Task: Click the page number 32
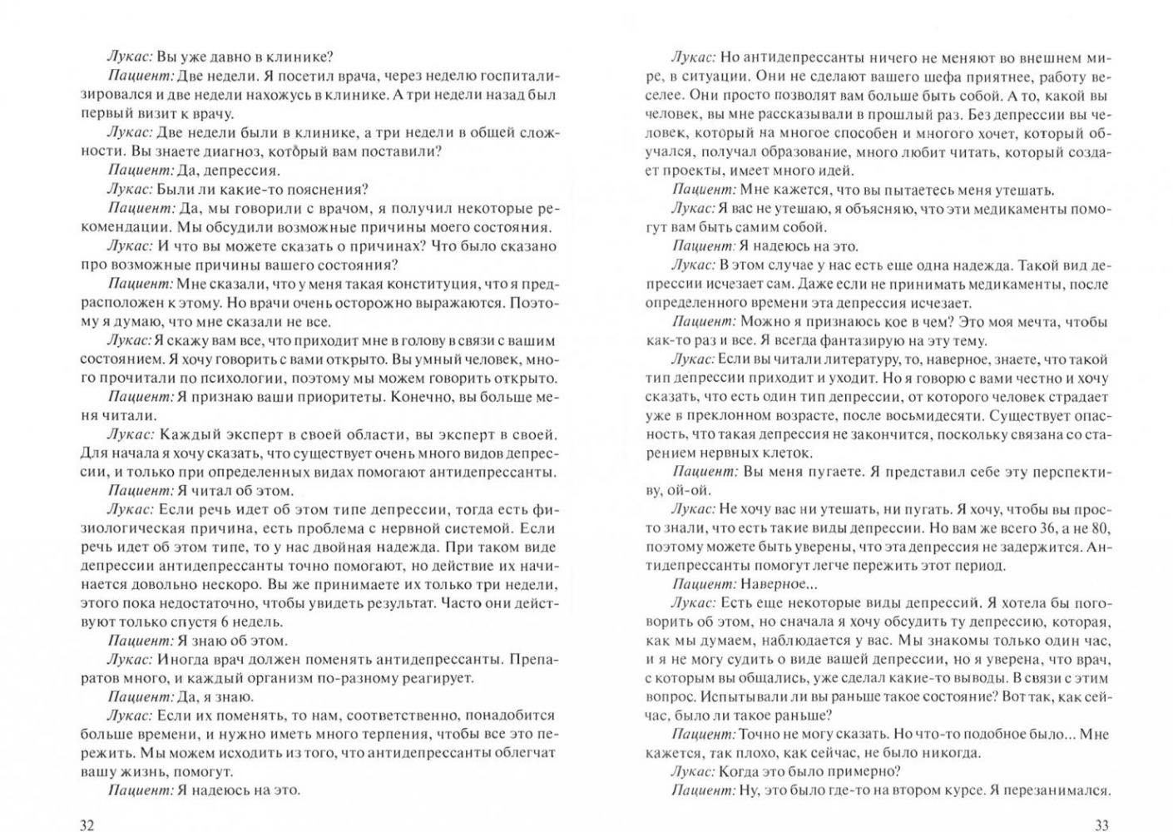click(x=87, y=825)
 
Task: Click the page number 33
click(x=1101, y=825)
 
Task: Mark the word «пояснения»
click(x=326, y=190)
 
